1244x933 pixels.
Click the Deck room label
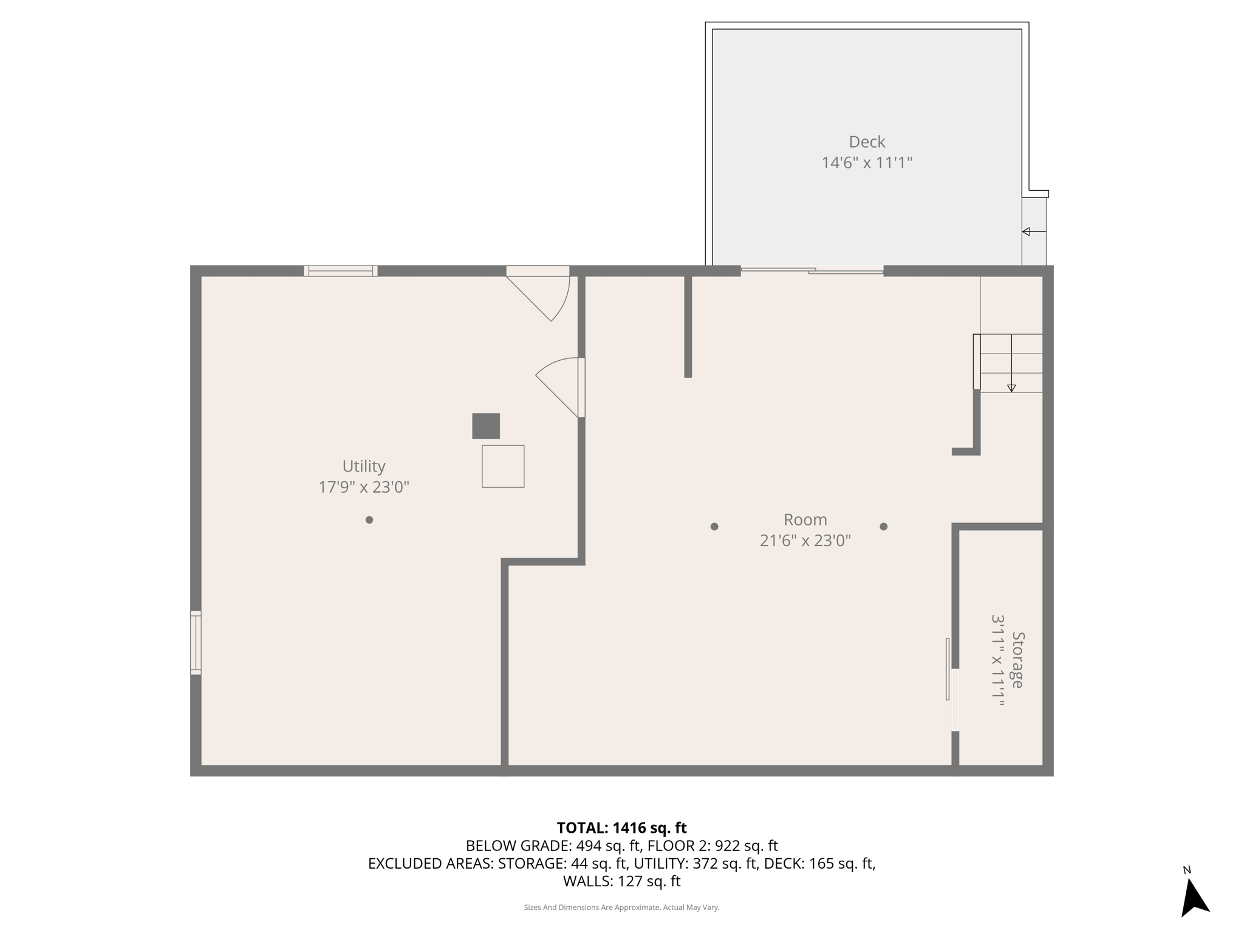pos(867,142)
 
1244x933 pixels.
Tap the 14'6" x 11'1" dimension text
pos(867,163)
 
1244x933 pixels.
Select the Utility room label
pos(363,466)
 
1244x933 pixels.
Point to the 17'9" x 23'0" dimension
pos(363,487)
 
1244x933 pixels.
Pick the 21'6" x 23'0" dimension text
pos(805,541)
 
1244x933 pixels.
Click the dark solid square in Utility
pos(486,426)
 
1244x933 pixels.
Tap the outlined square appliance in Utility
pos(503,466)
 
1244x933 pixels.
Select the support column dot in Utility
pos(369,520)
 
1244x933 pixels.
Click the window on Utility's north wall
pos(341,271)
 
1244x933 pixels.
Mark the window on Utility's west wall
pos(196,643)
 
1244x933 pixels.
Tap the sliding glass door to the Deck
pos(812,271)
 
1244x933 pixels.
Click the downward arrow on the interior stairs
pos(1011,387)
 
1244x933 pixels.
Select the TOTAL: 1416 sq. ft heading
pos(621,828)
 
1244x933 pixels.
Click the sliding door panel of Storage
pos(948,669)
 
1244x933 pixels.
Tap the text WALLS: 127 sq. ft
pos(621,881)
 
